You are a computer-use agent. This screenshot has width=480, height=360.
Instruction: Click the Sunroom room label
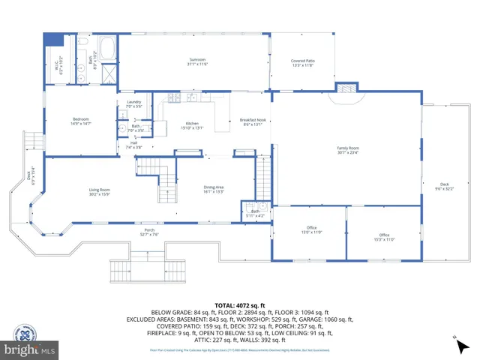tap(197, 61)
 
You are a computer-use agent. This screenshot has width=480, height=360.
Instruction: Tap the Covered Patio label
tap(302, 63)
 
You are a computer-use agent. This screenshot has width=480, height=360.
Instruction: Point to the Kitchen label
tap(192, 125)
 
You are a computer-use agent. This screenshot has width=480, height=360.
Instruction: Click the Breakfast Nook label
tap(252, 122)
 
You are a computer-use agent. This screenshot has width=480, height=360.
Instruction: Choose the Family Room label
tap(347, 150)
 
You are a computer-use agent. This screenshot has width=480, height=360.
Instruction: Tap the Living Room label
tap(100, 191)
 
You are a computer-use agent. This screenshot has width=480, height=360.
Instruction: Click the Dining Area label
tap(214, 189)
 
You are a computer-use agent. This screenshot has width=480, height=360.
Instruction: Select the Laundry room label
tap(134, 104)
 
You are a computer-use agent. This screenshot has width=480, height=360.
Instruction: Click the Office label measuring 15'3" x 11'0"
tap(384, 237)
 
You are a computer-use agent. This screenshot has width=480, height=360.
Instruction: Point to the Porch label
tap(148, 232)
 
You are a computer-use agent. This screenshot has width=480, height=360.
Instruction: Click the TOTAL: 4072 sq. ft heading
tap(239, 306)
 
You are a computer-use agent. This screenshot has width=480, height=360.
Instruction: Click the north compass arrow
tap(457, 343)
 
